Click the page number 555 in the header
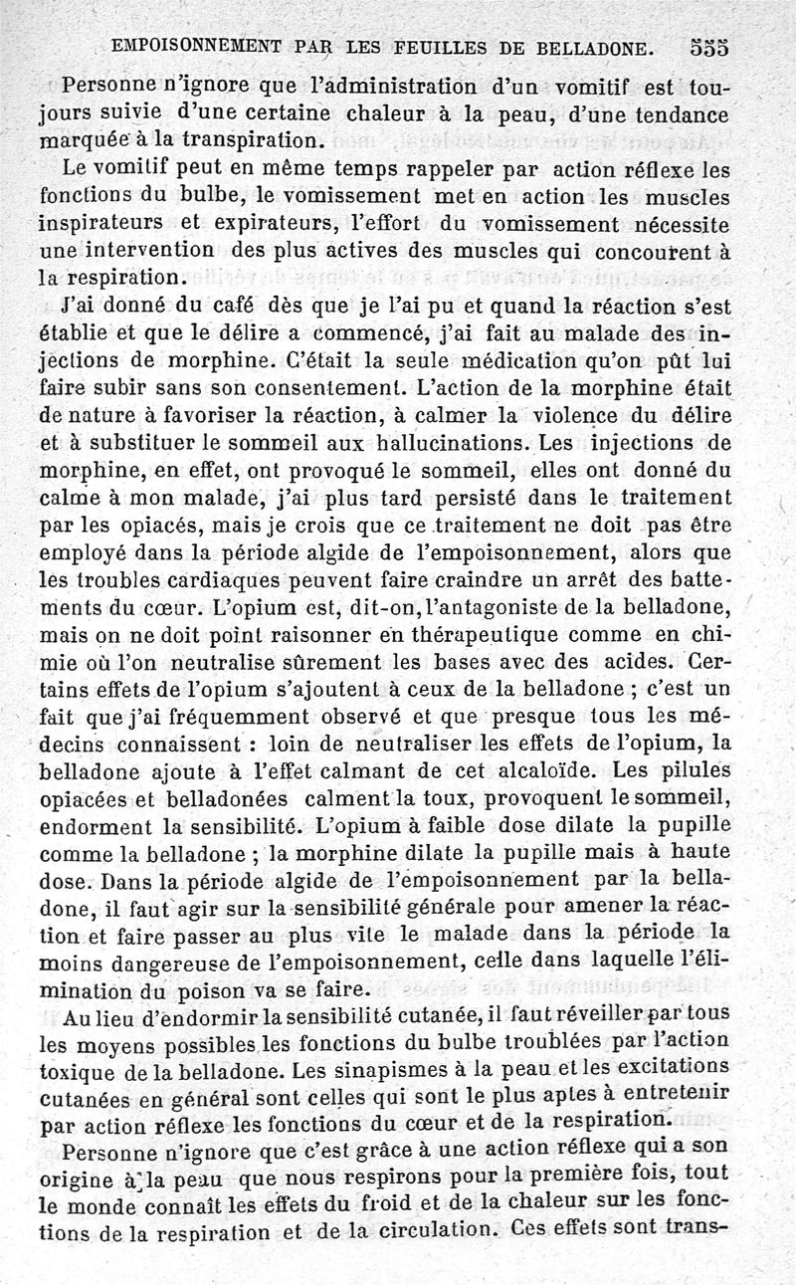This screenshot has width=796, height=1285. tap(707, 47)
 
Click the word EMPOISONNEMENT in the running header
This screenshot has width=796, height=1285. tap(192, 46)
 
